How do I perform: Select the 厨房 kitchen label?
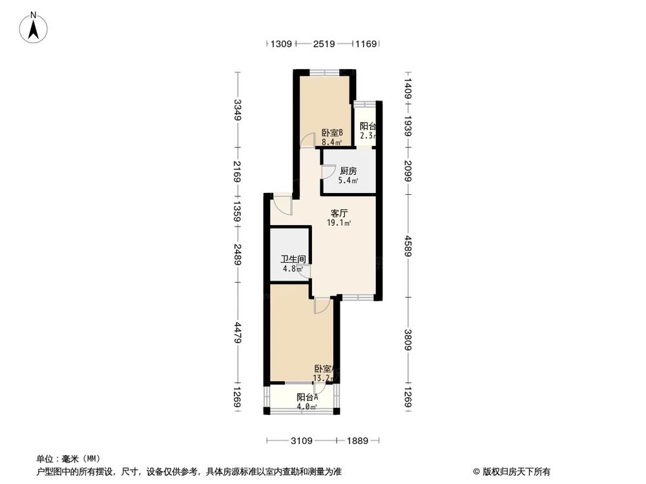click(348, 171)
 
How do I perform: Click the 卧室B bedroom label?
click(332, 133)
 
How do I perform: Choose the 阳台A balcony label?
click(307, 398)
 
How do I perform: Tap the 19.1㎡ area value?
click(339, 223)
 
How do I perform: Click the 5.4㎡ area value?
click(348, 181)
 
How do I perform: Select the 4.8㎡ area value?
click(291, 269)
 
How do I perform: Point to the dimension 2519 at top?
click(323, 44)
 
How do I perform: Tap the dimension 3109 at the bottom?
click(302, 441)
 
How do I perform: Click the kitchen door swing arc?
click(329, 172)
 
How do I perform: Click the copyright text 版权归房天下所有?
click(515, 471)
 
